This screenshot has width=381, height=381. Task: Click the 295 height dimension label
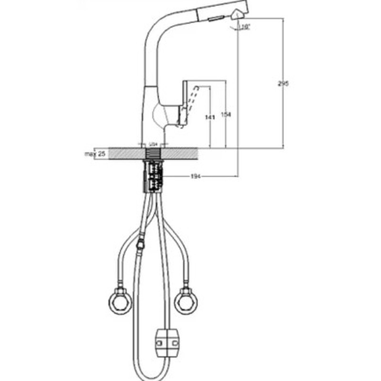point(283,83)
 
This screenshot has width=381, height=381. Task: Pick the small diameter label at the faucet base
point(153,143)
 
